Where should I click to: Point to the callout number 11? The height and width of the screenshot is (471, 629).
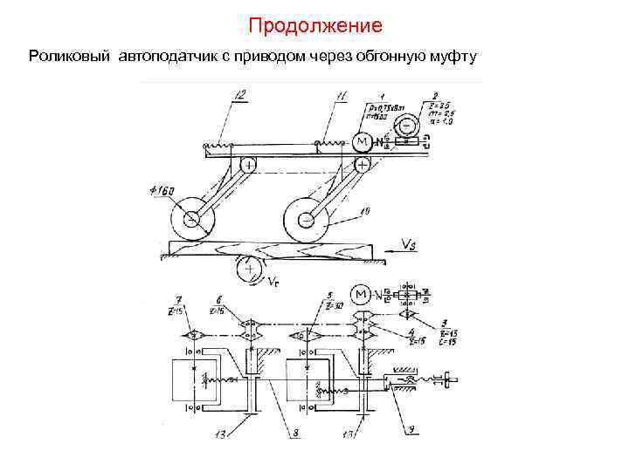click(x=341, y=94)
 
